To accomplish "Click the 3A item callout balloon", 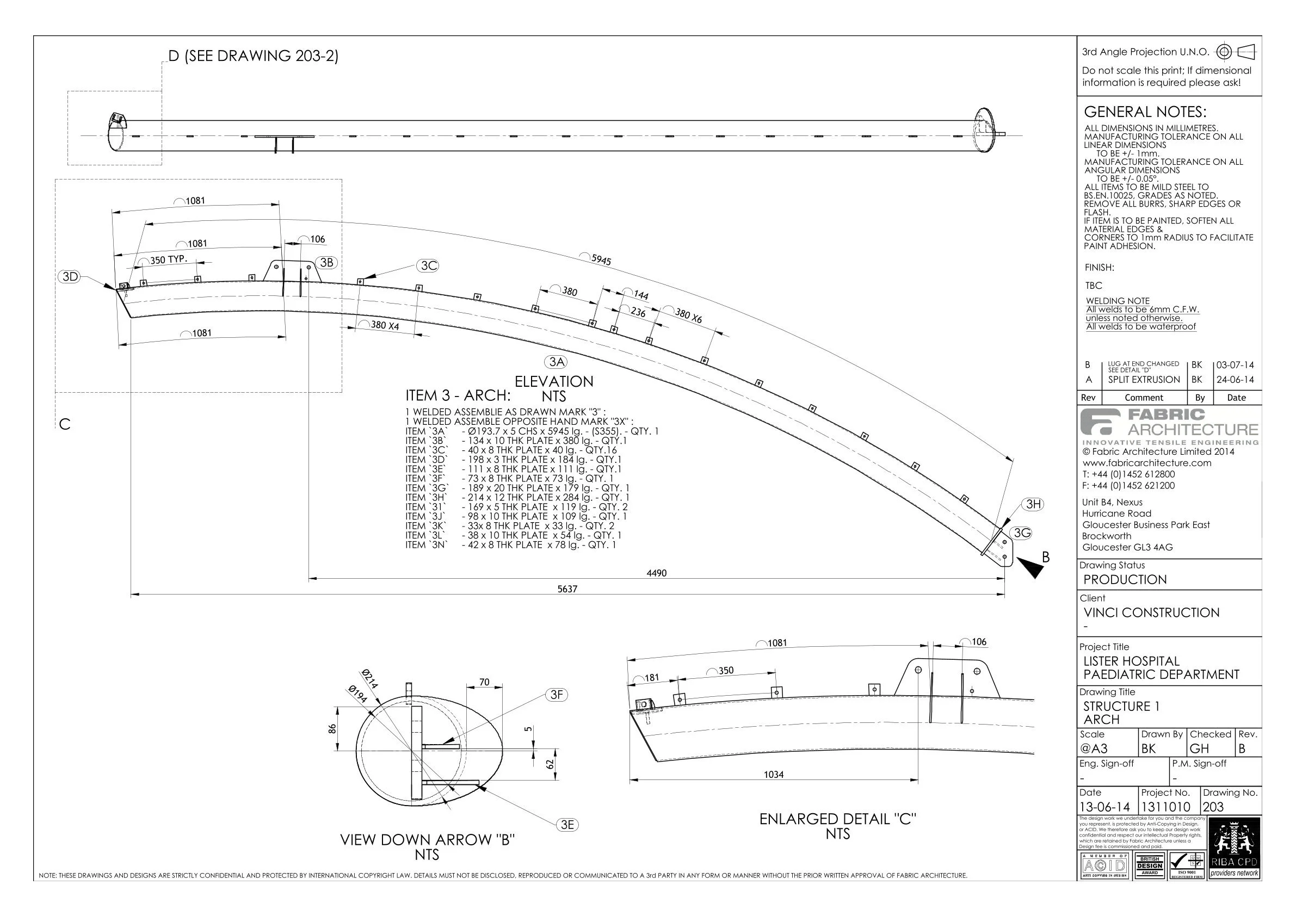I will [x=557, y=362].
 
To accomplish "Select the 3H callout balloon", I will [x=1033, y=504].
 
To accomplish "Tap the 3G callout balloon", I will [x=1021, y=533].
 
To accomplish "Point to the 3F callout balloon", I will [x=556, y=695].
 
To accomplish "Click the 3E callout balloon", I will [x=567, y=825].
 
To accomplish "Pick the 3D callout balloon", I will [x=70, y=276].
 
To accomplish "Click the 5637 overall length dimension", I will [x=567, y=589].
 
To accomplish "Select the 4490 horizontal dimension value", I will [x=656, y=573].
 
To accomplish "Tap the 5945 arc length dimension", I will [x=601, y=259].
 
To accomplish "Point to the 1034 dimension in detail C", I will [x=773, y=775].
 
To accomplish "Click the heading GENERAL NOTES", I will [x=1145, y=112].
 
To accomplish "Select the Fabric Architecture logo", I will [x=1169, y=426].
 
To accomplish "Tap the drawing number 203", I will [x=1213, y=807].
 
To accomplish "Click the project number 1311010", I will [x=1165, y=807].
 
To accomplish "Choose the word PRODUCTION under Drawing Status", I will [x=1125, y=580].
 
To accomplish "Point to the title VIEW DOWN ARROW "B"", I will [x=427, y=839].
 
